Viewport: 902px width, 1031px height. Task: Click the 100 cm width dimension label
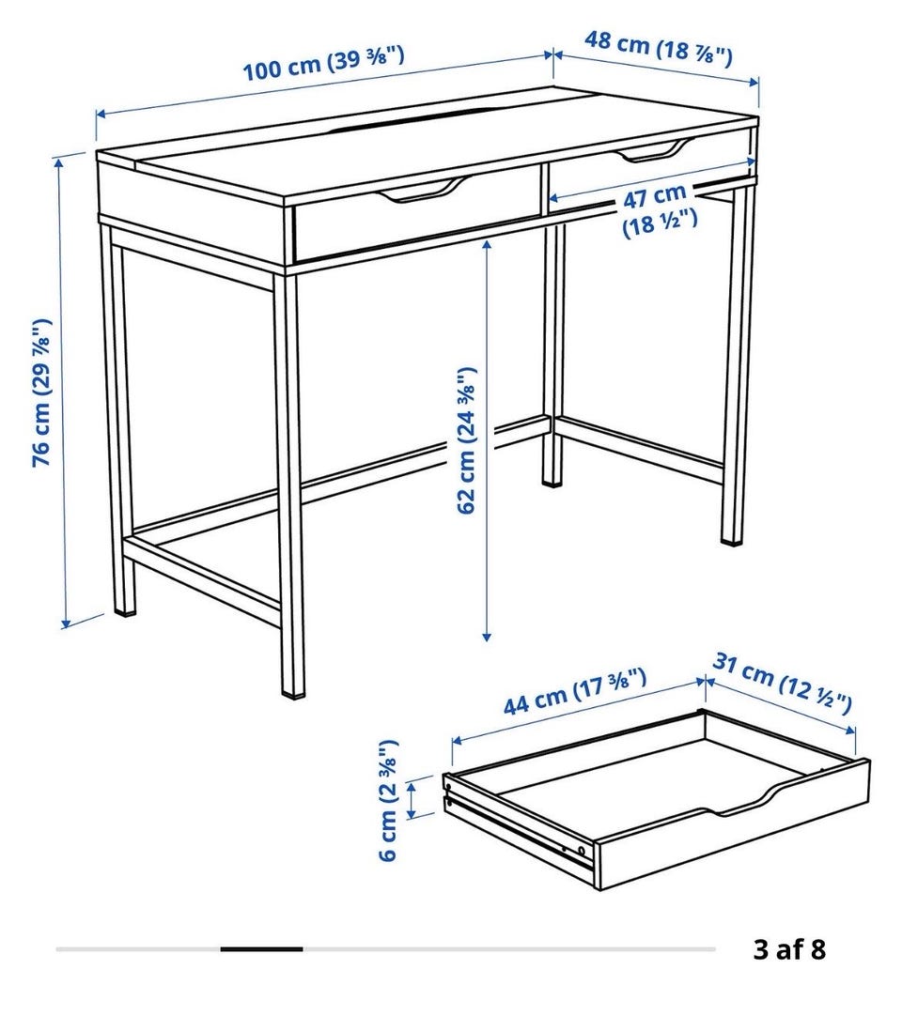point(324,64)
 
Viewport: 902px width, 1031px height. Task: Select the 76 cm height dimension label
point(41,392)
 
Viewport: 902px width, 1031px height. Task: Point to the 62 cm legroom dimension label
point(466,439)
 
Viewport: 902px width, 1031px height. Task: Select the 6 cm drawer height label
point(389,800)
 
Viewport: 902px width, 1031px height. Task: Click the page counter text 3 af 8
point(789,949)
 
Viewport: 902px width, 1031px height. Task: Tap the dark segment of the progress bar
point(262,948)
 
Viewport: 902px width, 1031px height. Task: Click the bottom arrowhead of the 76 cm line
point(66,623)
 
